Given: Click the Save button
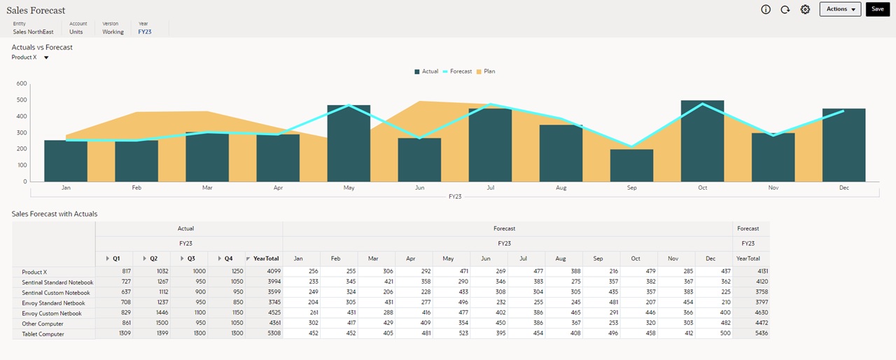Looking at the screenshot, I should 877,9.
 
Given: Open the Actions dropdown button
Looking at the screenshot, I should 840,9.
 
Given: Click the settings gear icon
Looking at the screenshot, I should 805,9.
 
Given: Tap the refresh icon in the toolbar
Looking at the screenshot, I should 785,9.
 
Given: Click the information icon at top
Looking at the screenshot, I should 765,9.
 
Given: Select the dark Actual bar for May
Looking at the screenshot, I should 349,144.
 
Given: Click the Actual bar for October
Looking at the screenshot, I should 702,141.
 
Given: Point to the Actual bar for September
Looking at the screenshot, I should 631,165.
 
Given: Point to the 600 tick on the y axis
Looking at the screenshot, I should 21,83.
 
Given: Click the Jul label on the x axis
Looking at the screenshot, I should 490,188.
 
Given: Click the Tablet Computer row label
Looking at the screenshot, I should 43,334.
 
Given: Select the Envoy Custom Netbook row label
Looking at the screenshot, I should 52,314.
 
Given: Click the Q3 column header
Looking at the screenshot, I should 190,258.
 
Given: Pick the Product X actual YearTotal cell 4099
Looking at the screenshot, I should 272,272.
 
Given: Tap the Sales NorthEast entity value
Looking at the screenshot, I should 33,32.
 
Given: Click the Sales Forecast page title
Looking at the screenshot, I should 36,11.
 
